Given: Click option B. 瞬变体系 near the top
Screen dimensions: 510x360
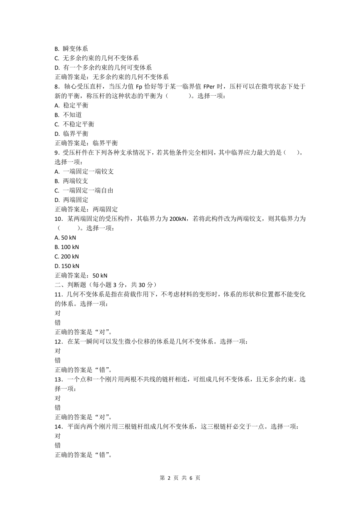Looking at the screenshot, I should coord(71,49).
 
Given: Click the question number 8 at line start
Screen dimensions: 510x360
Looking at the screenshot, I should coord(57,87).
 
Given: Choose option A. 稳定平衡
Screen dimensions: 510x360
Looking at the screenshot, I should coord(72,105).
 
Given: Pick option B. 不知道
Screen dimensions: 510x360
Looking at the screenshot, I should coord(68,115).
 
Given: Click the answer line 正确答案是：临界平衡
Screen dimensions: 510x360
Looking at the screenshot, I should coord(86,143).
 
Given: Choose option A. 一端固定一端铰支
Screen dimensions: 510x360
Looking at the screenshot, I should coord(84,172).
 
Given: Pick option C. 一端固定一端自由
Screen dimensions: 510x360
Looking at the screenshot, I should coord(84,190).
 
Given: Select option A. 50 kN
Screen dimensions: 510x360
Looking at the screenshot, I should coord(65,238).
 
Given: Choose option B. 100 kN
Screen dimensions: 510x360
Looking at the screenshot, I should coord(67,247).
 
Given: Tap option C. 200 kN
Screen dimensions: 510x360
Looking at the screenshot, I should coord(67,257).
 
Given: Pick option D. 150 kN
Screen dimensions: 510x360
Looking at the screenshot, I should coord(67,266).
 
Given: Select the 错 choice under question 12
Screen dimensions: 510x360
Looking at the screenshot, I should coord(58,360).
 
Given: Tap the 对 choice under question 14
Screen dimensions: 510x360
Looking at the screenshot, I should coord(58,436).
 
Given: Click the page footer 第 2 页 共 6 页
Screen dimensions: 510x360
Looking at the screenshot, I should coord(180,478).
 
